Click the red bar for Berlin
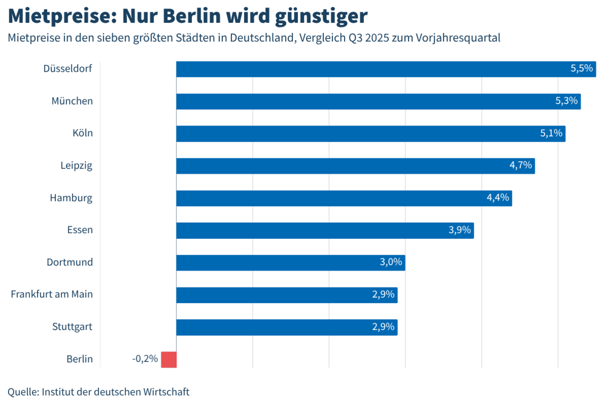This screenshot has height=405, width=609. [x=169, y=359]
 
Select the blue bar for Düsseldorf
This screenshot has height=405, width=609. [x=385, y=69]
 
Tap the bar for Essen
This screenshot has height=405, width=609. [x=324, y=230]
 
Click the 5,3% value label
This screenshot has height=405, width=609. [x=566, y=101]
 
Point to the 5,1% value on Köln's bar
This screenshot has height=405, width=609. [x=551, y=133]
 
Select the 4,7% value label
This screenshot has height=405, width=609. [x=520, y=166]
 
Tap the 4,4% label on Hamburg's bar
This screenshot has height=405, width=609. [x=498, y=198]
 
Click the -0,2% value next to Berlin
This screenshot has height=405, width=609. [x=145, y=359]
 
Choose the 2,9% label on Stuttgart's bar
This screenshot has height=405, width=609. [x=383, y=327]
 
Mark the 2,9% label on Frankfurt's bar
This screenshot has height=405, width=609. [x=383, y=295]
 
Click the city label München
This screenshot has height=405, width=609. [x=72, y=101]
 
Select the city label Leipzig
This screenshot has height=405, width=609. [x=77, y=166]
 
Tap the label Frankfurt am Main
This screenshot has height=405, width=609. [x=52, y=294]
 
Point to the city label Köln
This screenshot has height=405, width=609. [x=82, y=133]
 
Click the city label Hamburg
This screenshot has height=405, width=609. [x=71, y=198]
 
